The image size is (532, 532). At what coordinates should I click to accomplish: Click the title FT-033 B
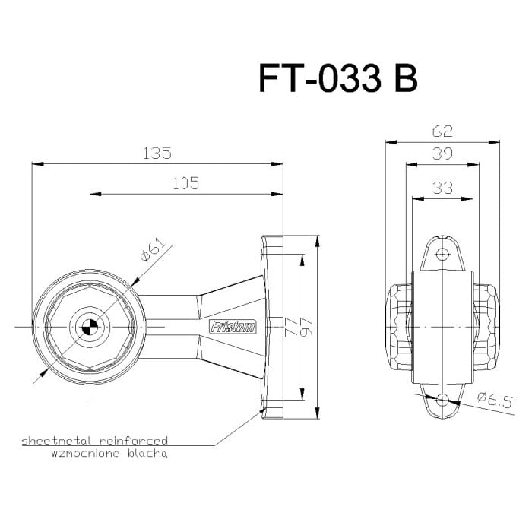(338, 78)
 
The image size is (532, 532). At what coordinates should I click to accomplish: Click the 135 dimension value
(157, 153)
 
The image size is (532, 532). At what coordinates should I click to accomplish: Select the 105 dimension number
(185, 182)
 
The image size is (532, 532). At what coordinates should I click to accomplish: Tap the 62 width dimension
(442, 131)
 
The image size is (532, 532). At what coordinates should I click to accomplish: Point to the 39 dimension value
(442, 154)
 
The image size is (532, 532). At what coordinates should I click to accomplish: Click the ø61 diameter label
(152, 250)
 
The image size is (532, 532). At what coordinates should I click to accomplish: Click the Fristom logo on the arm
(233, 328)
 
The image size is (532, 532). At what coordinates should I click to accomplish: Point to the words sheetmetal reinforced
(94, 440)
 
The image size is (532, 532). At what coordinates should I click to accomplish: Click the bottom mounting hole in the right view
(442, 398)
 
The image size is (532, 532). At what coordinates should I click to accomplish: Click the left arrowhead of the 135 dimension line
(36, 163)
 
